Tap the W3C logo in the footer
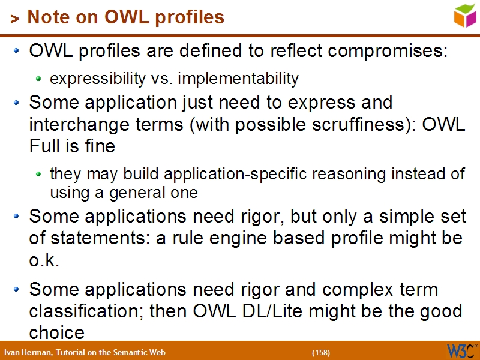461,350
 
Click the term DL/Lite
284,311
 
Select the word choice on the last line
56,332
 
